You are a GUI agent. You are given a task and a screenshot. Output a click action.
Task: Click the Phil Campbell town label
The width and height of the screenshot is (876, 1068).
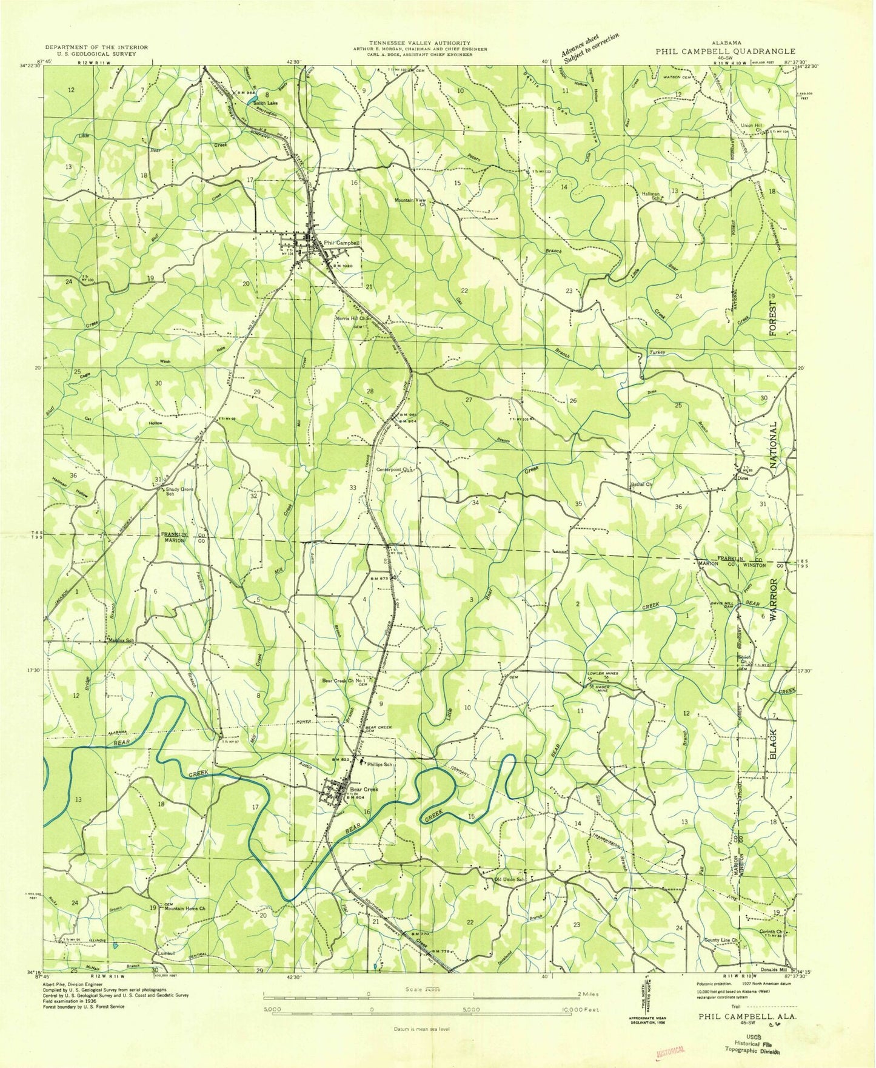[342, 243]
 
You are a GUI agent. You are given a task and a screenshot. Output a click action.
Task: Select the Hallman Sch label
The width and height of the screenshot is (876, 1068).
[650, 196]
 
